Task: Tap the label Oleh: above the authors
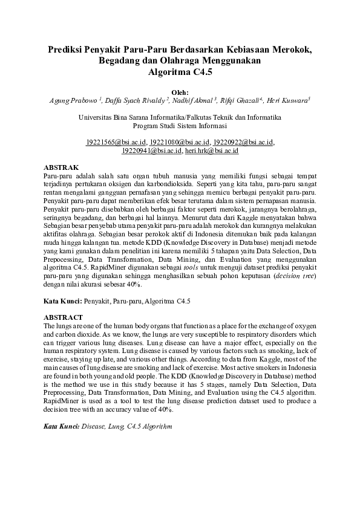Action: pyautogui.click(x=180, y=92)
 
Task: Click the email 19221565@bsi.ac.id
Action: pyautogui.click(x=116, y=143)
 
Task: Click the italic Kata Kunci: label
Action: pyautogui.click(x=62, y=427)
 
